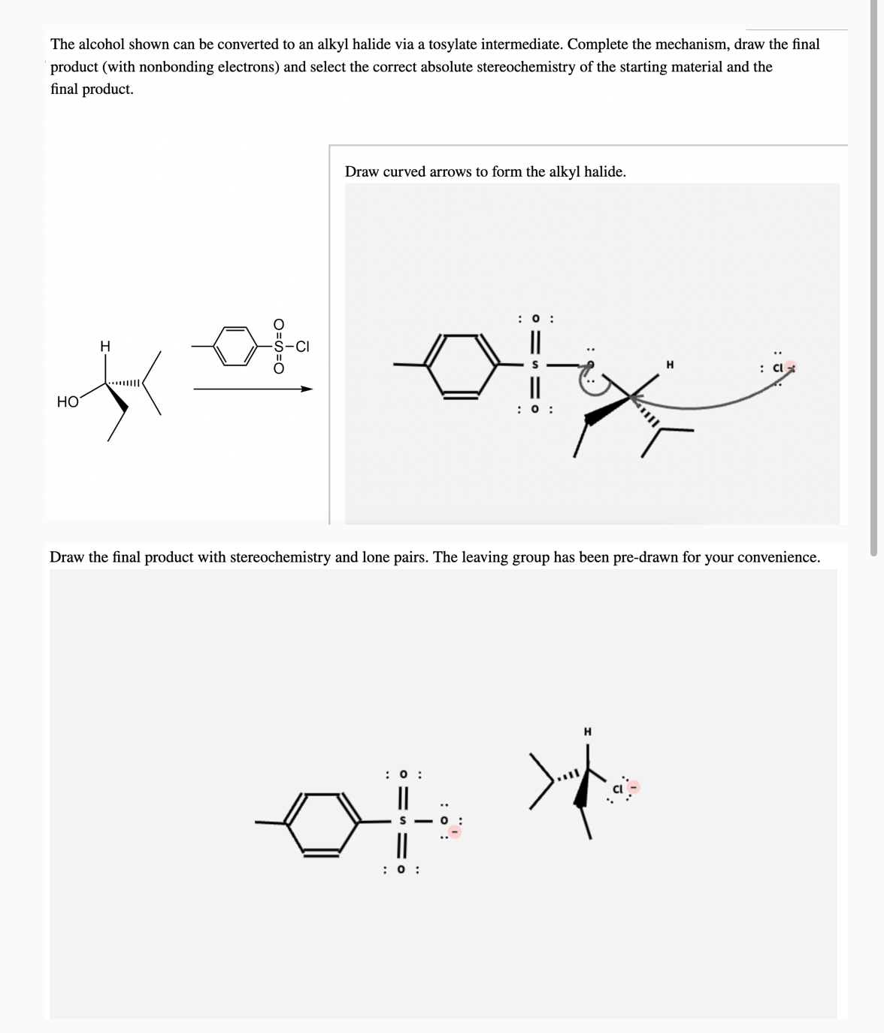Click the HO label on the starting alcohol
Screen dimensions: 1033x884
tap(68, 402)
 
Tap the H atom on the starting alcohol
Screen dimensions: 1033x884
tap(105, 346)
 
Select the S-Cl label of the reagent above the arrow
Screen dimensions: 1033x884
tap(291, 347)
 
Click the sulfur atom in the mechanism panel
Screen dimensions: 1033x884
tap(535, 365)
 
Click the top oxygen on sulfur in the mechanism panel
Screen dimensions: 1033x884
tap(535, 319)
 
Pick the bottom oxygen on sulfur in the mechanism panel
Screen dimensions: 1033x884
tap(535, 410)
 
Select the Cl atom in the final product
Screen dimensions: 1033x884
tap(618, 789)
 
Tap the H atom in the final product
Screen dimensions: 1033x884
tap(588, 731)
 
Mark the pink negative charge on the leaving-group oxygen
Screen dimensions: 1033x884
tap(455, 832)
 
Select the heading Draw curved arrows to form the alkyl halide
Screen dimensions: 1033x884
tap(485, 171)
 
